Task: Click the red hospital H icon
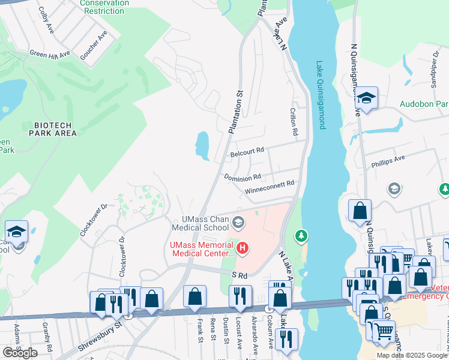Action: click(x=243, y=247)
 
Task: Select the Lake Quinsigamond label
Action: click(x=321, y=95)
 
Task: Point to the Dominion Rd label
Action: click(x=242, y=178)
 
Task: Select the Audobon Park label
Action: click(x=424, y=103)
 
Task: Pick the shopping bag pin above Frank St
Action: click(x=194, y=296)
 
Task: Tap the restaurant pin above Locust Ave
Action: click(x=238, y=296)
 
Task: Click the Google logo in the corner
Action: click(x=20, y=353)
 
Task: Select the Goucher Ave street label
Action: click(x=93, y=43)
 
